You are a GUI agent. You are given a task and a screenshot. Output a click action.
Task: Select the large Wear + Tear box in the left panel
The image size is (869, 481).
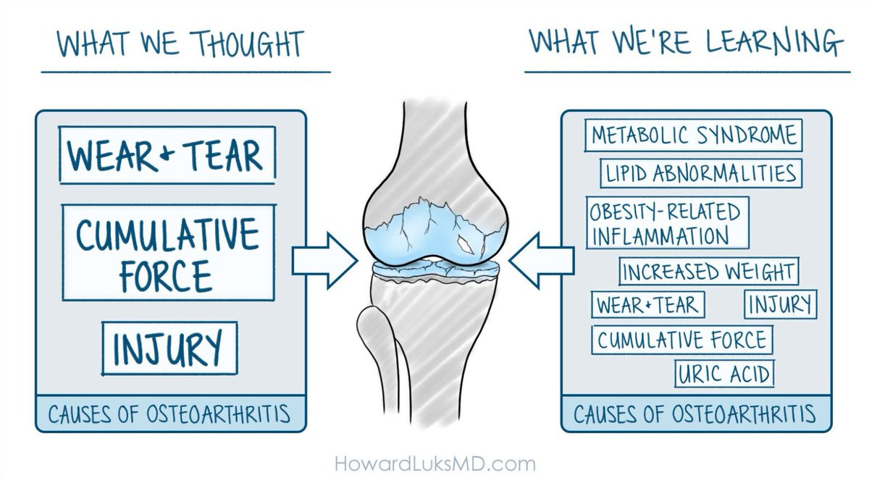[167, 155]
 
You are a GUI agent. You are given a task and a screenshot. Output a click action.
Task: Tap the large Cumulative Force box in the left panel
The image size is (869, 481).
[167, 252]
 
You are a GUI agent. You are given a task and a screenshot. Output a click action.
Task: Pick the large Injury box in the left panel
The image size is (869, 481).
[169, 348]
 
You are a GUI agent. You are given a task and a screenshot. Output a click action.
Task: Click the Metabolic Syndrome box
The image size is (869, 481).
[694, 135]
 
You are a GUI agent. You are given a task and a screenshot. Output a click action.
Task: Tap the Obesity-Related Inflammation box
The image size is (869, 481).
[667, 222]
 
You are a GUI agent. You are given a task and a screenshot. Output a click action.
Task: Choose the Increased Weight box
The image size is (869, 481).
[708, 272]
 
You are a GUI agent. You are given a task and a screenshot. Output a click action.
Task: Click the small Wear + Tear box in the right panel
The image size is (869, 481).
[647, 305]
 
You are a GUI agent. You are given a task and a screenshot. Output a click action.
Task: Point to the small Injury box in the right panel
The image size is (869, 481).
[781, 305]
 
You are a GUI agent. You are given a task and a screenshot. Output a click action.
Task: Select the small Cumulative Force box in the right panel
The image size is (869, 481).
[681, 340]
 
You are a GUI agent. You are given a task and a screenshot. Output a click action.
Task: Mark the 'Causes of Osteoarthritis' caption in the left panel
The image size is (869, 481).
[169, 415]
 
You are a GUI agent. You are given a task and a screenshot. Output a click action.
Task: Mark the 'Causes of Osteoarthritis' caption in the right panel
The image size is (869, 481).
[694, 415]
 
